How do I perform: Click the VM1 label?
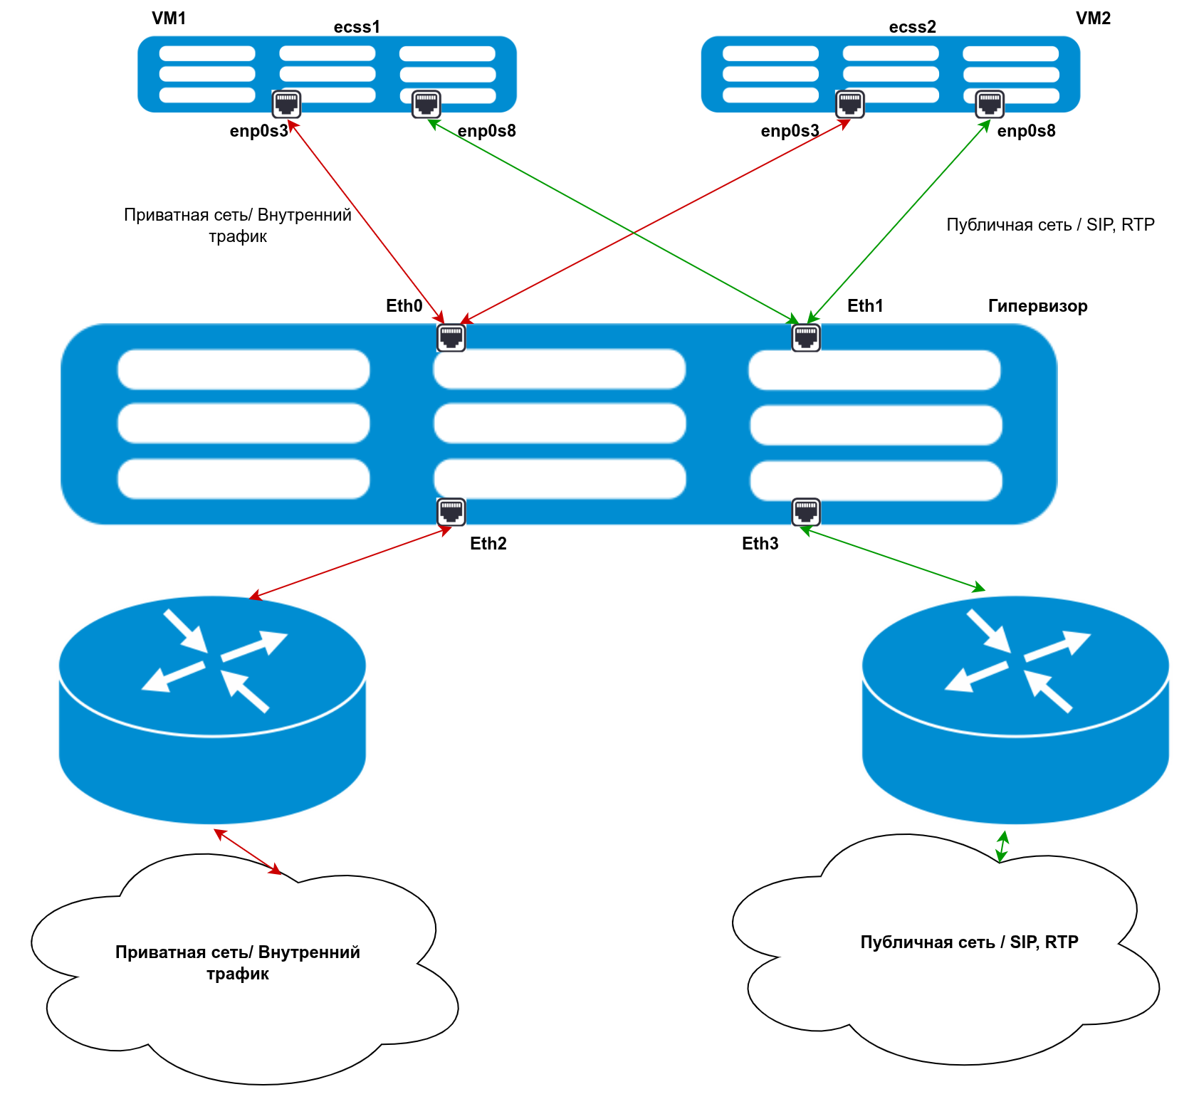169,19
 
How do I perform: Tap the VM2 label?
1093,19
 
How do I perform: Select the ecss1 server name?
357,27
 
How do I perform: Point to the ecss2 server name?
912,27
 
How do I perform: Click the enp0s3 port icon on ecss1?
286,104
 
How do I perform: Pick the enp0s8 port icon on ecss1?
426,104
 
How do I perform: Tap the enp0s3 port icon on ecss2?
849,104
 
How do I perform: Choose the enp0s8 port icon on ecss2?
990,104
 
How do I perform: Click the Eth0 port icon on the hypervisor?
451,337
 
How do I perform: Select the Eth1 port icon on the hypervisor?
806,337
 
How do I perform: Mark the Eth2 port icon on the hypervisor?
451,511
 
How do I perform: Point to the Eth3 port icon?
806,511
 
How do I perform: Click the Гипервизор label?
1037,306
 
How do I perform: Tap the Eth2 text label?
488,544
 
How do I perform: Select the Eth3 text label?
760,544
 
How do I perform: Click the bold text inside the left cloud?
238,962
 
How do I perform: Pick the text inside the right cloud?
969,942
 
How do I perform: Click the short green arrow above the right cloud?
1002,846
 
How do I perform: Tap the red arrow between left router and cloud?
248,851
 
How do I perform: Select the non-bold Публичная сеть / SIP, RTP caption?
1050,225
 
